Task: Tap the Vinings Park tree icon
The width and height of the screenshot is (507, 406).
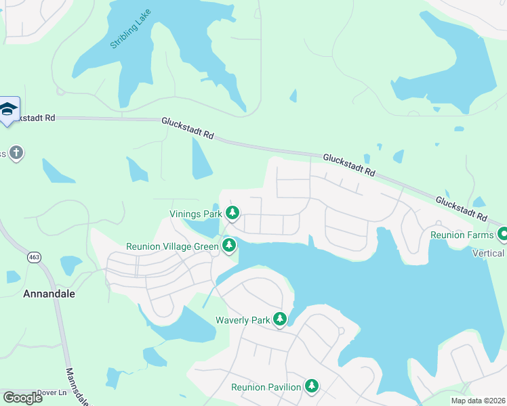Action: [232, 214]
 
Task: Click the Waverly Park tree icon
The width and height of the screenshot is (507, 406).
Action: [279, 319]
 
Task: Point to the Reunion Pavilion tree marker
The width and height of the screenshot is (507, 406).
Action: [311, 386]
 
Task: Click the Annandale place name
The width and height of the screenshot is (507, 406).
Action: [49, 294]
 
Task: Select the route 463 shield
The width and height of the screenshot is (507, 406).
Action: [33, 257]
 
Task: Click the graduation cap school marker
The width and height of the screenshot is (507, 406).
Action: [8, 110]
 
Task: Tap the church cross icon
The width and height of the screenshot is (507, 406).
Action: [16, 154]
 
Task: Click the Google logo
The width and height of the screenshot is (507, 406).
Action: [22, 398]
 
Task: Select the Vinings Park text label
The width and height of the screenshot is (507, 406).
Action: [196, 215]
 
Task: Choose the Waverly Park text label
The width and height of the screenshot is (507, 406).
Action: [242, 320]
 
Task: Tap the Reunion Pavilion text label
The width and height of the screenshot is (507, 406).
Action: [266, 387]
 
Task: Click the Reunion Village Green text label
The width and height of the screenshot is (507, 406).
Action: [172, 247]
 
